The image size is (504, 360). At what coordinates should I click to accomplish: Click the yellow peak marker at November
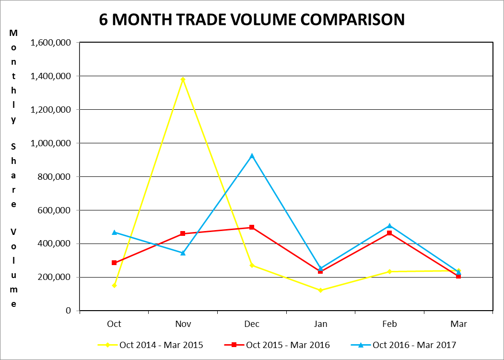point(183,79)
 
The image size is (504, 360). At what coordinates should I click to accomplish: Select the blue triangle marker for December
point(252,156)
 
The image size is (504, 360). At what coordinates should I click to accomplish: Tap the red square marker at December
point(252,227)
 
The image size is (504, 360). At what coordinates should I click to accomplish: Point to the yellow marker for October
point(114,285)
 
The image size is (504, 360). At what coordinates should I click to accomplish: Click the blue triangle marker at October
point(114,232)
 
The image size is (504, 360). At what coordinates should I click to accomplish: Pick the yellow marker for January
point(320,290)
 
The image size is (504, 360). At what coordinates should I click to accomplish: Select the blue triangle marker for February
point(389,225)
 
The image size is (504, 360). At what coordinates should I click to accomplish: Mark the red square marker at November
point(183,233)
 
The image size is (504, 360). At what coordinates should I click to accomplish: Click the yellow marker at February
point(389,271)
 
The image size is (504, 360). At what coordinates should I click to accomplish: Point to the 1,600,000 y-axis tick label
point(51,43)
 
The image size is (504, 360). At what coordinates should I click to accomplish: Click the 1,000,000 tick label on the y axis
point(51,143)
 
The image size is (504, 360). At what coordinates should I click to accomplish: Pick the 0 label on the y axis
point(69,311)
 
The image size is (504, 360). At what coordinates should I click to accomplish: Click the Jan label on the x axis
point(320,324)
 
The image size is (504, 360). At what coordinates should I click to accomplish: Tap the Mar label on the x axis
point(458,324)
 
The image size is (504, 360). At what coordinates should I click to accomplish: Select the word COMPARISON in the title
point(357,20)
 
